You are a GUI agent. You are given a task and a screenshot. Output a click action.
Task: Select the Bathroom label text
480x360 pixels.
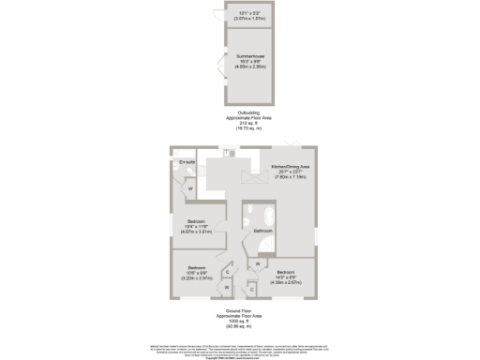(x=262, y=230)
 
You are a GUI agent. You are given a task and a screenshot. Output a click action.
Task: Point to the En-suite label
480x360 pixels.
(x=187, y=163)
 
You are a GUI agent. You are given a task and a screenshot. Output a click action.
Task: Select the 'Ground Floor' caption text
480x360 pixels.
(x=239, y=308)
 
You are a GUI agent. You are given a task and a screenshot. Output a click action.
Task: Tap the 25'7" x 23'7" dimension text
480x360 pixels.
(x=290, y=172)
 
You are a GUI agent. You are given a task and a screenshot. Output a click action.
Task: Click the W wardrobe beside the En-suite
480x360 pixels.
(x=190, y=189)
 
